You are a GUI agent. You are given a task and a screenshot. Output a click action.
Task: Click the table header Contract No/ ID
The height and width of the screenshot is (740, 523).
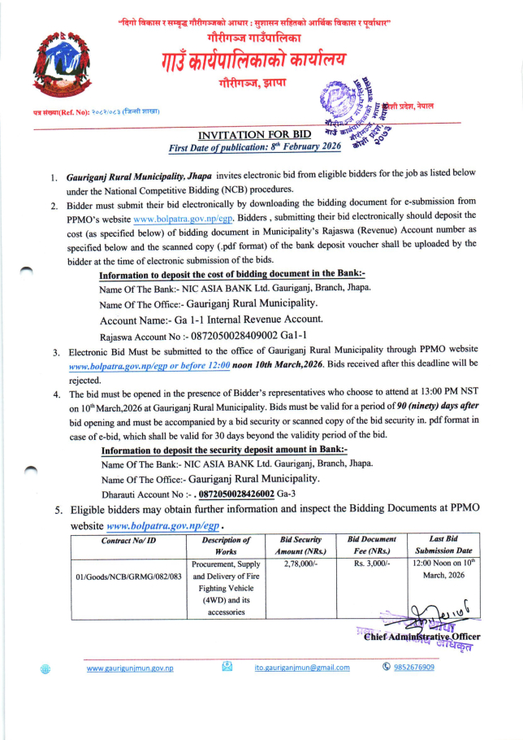coord(128,540)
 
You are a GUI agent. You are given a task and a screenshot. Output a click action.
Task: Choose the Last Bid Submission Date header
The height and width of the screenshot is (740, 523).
coord(443,545)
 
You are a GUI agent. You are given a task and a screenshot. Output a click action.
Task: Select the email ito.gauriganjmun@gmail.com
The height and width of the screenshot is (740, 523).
coord(302,668)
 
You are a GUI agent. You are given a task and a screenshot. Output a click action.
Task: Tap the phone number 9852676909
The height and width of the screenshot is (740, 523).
coord(414,668)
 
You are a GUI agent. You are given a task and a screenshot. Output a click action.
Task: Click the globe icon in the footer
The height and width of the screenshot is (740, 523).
coord(45,668)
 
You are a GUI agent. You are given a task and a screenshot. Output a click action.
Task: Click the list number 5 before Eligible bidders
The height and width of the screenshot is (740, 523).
coord(58,511)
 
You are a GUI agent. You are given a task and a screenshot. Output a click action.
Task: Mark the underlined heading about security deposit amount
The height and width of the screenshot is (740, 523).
coord(223,450)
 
